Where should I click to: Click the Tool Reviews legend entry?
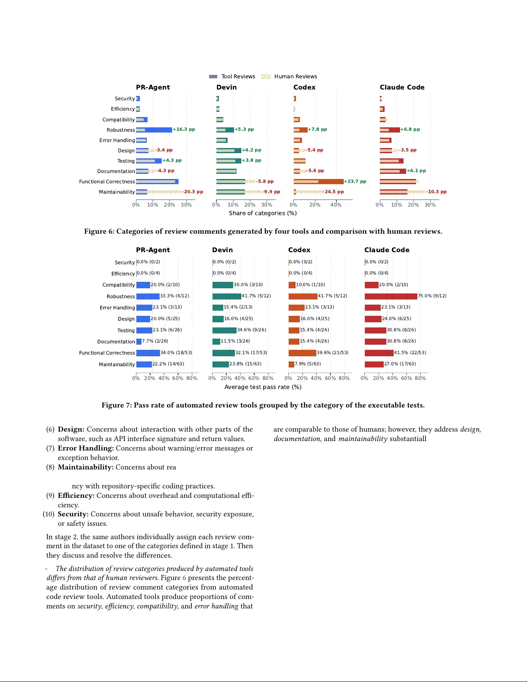click(x=232, y=77)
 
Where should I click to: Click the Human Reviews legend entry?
click(x=290, y=77)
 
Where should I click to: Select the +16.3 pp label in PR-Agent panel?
click(x=184, y=130)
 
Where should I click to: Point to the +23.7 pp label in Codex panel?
click(x=355, y=182)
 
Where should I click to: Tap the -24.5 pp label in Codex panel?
click(x=334, y=192)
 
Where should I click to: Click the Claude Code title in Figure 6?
click(x=402, y=87)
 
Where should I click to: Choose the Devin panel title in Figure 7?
click(x=222, y=250)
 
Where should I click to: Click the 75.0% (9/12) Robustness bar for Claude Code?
click(x=391, y=296)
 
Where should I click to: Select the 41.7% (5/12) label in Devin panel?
click(x=256, y=296)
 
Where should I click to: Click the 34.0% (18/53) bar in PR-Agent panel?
click(x=148, y=353)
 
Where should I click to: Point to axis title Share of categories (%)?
click(x=262, y=213)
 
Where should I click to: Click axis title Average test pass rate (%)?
click(x=262, y=387)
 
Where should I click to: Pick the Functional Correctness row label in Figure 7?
click(x=107, y=353)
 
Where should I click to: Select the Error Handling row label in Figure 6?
click(x=117, y=140)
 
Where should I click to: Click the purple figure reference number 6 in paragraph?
click(x=184, y=578)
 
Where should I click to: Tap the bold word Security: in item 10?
click(x=73, y=514)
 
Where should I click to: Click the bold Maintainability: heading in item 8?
click(x=86, y=467)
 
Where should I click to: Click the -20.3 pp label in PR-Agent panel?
click(x=192, y=192)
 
